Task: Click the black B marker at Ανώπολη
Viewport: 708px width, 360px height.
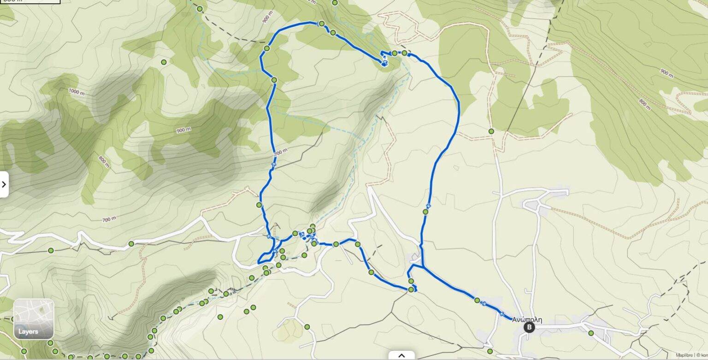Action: (529, 327)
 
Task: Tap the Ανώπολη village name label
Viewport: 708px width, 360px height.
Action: (527, 319)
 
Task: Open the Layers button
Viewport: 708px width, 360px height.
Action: (34, 319)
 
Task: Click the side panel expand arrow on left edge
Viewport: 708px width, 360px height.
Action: (4, 184)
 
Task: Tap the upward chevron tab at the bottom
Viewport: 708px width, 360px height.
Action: (401, 355)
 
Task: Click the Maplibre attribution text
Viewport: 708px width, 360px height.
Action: (684, 355)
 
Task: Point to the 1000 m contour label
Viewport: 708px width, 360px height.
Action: (77, 91)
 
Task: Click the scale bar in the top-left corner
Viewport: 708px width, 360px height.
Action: (30, 1)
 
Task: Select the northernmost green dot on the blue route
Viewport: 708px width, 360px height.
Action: (322, 24)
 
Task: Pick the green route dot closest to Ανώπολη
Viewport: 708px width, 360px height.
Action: (477, 300)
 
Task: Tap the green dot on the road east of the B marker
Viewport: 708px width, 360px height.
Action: (590, 333)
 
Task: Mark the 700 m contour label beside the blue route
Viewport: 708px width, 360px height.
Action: (280, 152)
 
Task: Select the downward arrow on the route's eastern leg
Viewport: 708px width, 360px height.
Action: (429, 206)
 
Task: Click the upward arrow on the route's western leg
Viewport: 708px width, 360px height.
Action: (274, 164)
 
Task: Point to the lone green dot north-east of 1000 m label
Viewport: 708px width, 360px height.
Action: (164, 62)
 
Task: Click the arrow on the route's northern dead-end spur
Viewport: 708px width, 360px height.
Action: (384, 61)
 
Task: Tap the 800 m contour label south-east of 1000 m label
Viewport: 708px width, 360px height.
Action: (104, 161)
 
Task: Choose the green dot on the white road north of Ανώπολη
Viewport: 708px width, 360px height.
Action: (491, 131)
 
